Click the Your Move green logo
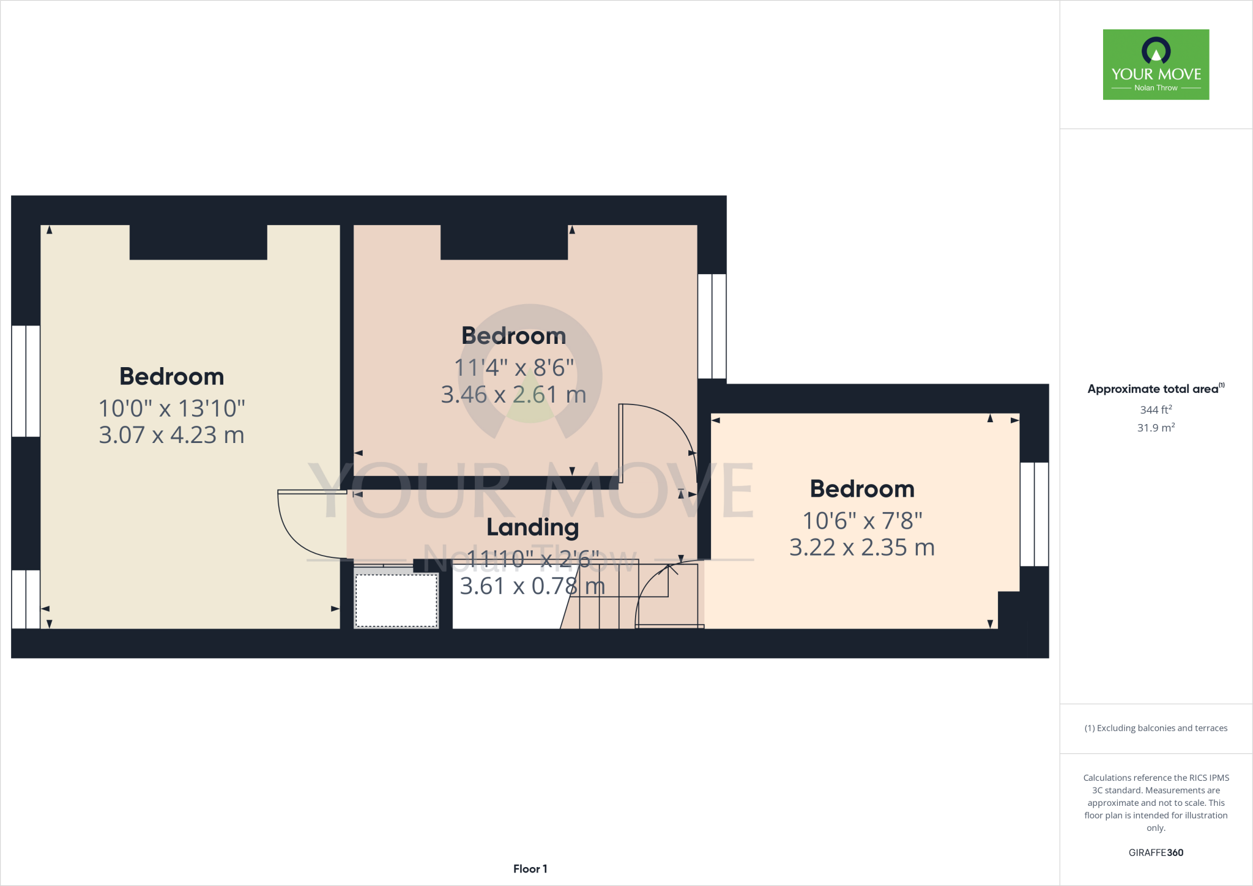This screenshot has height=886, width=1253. pyautogui.click(x=1156, y=64)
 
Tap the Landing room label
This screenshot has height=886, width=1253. pyautogui.click(x=532, y=527)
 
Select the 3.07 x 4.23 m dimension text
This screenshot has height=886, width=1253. pyautogui.click(x=172, y=435)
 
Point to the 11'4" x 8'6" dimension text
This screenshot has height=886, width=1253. pyautogui.click(x=514, y=368)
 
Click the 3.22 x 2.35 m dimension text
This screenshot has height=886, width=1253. pyautogui.click(x=862, y=548)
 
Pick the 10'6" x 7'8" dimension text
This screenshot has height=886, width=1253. pyautogui.click(x=862, y=521)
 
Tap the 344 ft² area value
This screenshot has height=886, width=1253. pyautogui.click(x=1156, y=410)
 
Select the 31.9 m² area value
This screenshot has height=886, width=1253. pyautogui.click(x=1156, y=428)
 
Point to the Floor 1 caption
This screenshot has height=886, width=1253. pyautogui.click(x=530, y=869)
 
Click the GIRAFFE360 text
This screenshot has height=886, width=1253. pyautogui.click(x=1156, y=852)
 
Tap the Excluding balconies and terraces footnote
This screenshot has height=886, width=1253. pyautogui.click(x=1156, y=728)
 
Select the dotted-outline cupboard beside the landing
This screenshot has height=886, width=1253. pyautogui.click(x=396, y=600)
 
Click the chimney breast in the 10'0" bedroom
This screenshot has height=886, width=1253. pyautogui.click(x=198, y=242)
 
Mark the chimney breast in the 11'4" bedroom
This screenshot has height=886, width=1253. pyautogui.click(x=504, y=242)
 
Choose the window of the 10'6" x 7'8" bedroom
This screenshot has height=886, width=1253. pyautogui.click(x=1034, y=514)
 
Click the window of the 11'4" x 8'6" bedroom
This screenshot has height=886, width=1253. pyautogui.click(x=712, y=326)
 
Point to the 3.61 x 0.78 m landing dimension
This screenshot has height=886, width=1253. pyautogui.click(x=532, y=586)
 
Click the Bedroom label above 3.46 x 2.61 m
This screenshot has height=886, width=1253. pyautogui.click(x=514, y=336)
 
